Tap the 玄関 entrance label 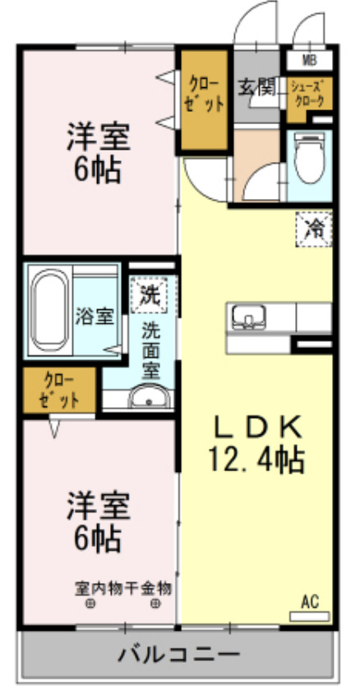256,86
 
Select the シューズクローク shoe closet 310,93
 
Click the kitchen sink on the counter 246,317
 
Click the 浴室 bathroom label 95,317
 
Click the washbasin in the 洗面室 149,400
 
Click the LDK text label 260,427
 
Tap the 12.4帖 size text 260,458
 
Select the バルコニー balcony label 178,655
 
